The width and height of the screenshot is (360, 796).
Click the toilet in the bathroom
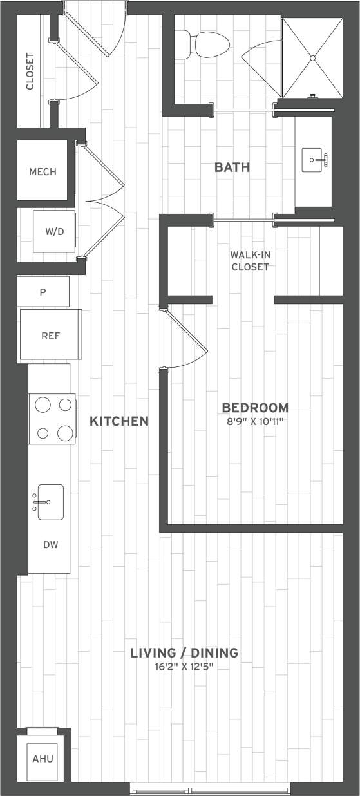coord(206,43)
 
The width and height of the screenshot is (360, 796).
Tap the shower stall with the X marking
coord(312,58)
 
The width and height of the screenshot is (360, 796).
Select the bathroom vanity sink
coord(314,160)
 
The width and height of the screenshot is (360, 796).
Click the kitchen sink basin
coord(50,502)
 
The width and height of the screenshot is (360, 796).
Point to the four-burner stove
coord(52,419)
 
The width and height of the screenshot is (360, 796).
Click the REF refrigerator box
coord(51,335)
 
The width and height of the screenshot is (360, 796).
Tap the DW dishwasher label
coord(51,545)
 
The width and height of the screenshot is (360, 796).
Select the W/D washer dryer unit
coord(55,231)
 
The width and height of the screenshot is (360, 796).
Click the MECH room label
coord(43,172)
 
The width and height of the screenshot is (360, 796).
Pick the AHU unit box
coord(43,759)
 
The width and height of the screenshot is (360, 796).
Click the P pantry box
coord(43,292)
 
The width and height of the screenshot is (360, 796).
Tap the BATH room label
coord(232,167)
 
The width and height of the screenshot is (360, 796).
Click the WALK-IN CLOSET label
coord(251,260)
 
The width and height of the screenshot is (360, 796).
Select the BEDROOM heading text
coord(255,408)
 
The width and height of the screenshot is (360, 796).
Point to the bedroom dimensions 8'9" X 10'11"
coord(255,422)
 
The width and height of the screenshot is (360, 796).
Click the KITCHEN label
coord(119,421)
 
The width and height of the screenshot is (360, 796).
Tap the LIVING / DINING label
coord(184,652)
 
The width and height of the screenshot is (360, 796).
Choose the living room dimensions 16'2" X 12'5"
coord(184,667)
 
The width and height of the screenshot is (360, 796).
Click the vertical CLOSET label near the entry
coord(30,71)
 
